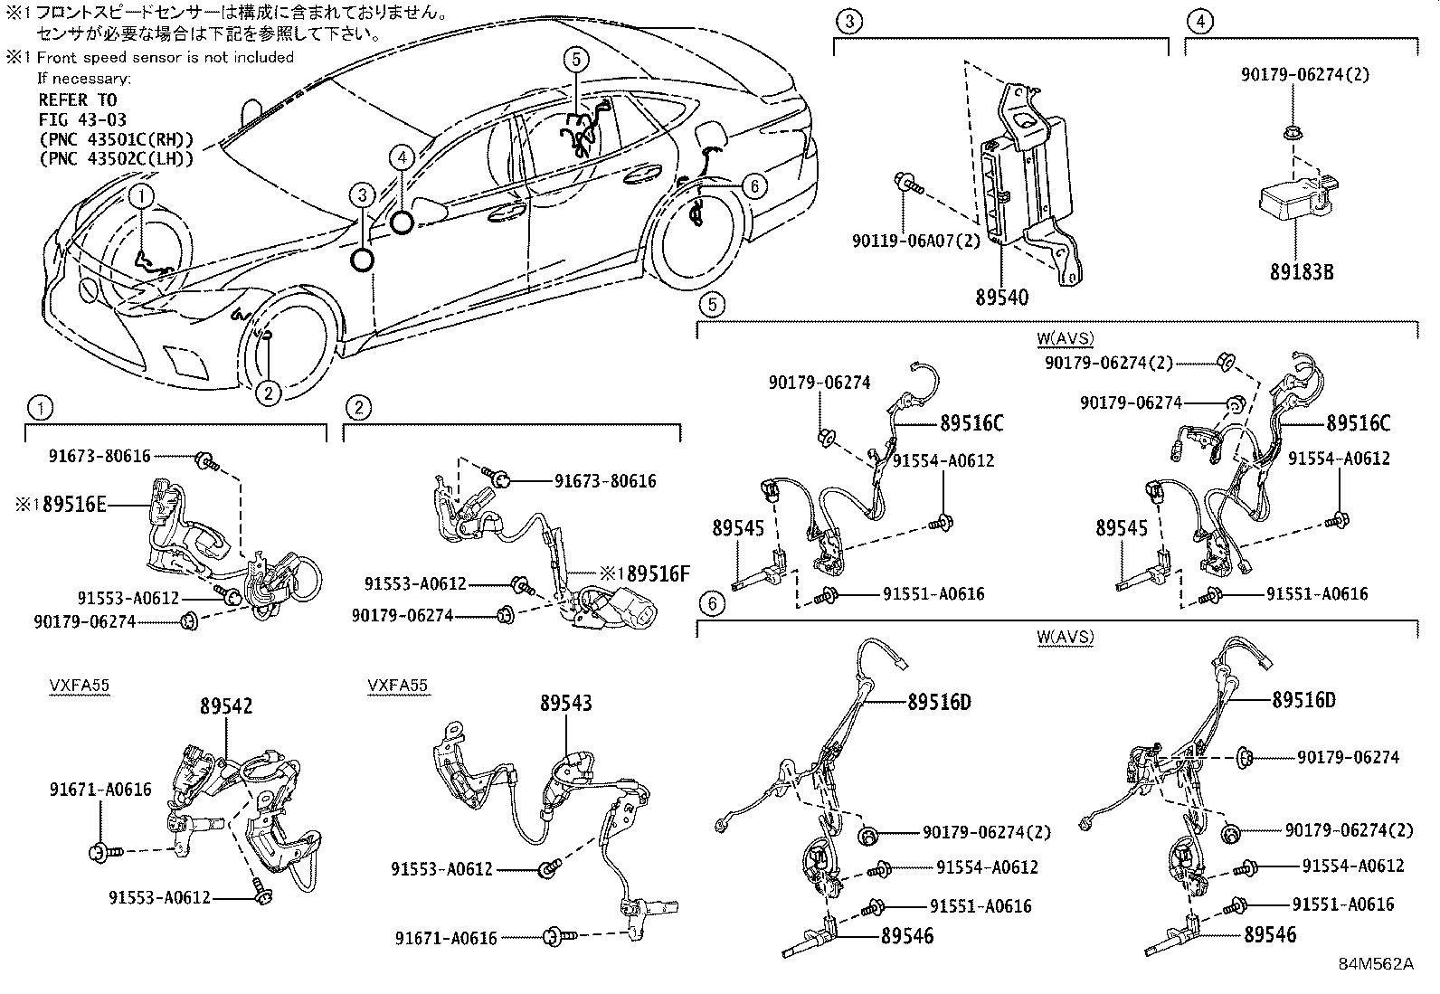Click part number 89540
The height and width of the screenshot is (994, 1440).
[1001, 296]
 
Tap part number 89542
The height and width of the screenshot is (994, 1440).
[226, 706]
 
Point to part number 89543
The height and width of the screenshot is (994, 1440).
[566, 702]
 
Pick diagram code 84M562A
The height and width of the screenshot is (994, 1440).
[1376, 964]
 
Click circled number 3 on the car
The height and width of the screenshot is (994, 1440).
[362, 194]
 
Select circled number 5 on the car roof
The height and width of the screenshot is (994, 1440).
[575, 60]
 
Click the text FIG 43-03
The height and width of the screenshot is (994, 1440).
[82, 119]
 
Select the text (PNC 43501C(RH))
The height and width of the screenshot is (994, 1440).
[117, 139]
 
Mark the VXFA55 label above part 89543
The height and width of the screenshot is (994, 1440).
[398, 686]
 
